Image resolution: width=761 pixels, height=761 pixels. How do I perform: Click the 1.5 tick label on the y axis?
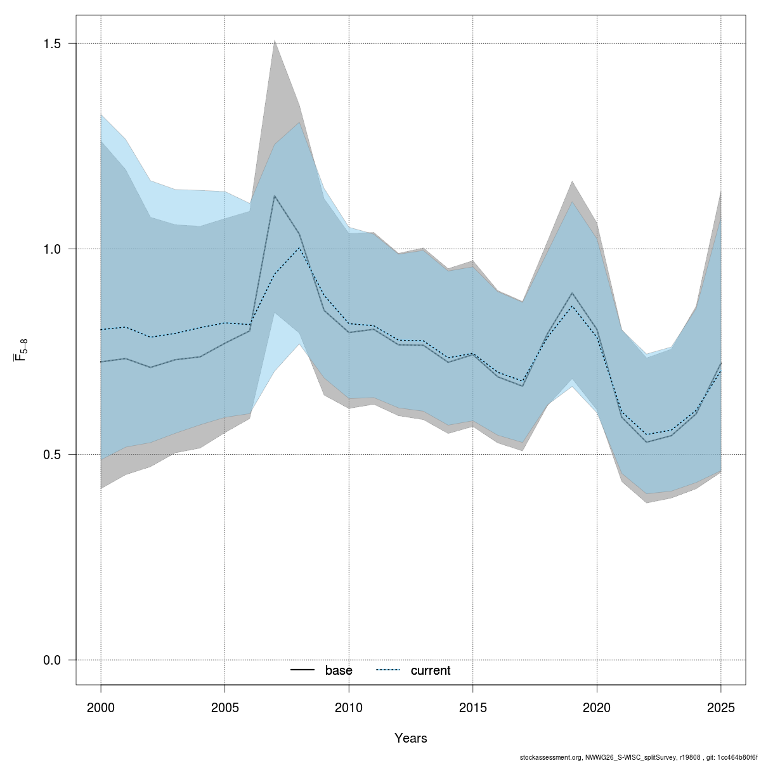pos(52,44)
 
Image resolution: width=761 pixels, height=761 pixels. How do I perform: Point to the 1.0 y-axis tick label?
pos(52,249)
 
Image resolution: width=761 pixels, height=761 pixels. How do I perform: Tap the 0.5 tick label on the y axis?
pos(52,455)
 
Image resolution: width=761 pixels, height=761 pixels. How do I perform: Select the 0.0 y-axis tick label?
pos(52,660)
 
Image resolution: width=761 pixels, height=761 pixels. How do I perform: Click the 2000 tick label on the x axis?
pos(101,706)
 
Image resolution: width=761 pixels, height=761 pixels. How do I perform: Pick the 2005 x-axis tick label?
pos(225,706)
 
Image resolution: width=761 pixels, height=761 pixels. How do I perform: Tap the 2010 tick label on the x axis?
pos(349,706)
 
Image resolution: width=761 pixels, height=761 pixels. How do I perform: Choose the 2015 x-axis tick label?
pos(473,706)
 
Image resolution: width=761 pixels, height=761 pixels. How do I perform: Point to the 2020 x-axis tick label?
pos(597,706)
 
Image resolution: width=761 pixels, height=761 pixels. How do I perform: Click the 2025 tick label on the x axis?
pos(721,706)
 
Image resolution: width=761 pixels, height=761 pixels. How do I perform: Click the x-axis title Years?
pos(411,738)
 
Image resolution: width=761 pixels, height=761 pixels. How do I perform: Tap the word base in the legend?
pos(339,670)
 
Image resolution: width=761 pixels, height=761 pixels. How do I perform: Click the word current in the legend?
pos(431,670)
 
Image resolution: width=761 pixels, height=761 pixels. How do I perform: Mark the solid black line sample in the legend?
pos(303,670)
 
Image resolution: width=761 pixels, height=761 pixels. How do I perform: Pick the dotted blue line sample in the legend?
pos(388,670)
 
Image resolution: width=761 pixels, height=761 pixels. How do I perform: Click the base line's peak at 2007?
pos(274,196)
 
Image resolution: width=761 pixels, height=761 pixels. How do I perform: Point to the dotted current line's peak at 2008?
pos(299,247)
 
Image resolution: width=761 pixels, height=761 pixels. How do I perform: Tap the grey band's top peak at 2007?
pos(274,41)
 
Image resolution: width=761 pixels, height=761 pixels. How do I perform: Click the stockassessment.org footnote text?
pos(638,757)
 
